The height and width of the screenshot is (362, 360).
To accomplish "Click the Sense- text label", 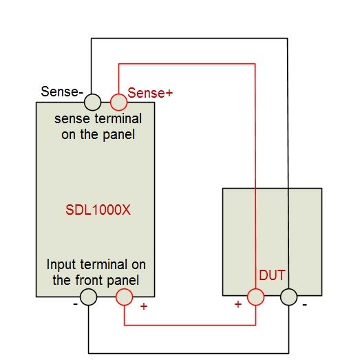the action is [x=62, y=92].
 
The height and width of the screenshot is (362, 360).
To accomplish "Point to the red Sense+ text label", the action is [x=150, y=93].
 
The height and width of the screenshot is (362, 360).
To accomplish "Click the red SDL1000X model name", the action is [x=98, y=210].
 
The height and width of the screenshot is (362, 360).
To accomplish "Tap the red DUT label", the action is [x=273, y=275].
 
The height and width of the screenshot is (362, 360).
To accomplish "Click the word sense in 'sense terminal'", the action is [x=72, y=119].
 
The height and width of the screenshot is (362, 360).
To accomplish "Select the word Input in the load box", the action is [x=61, y=265].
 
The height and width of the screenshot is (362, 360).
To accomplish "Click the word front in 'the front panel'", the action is [x=89, y=280].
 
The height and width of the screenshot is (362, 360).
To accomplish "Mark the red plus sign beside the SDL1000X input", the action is [x=144, y=306].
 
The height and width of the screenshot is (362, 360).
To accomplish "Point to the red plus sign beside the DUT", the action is [x=238, y=304].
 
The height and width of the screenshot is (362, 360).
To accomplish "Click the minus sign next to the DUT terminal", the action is [x=304, y=305].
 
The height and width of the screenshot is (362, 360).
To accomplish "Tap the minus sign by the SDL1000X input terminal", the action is [x=75, y=304].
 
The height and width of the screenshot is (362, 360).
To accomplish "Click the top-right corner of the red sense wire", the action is [x=255, y=64].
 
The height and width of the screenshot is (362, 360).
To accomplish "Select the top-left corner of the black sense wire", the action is [x=92, y=39].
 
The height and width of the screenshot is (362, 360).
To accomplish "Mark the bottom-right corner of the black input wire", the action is [x=288, y=353].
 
